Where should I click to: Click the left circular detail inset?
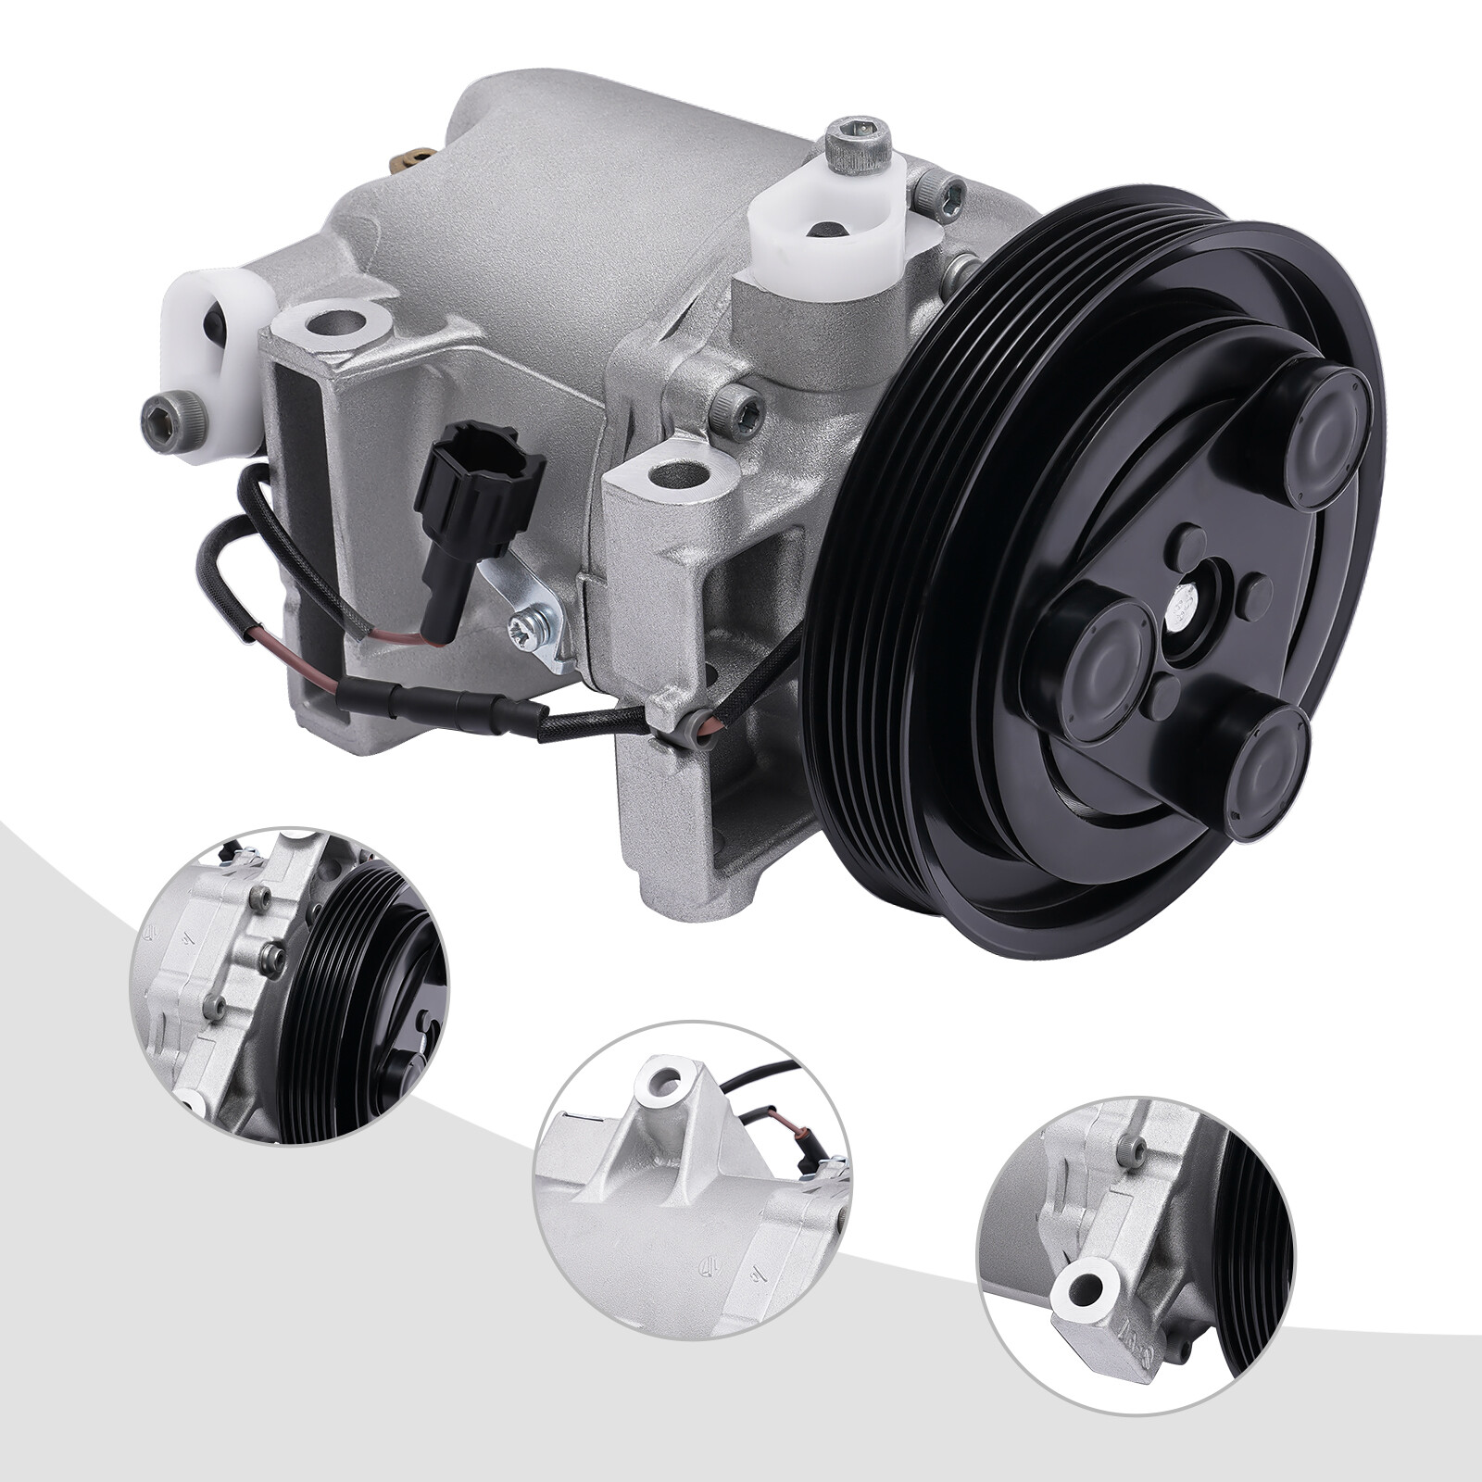[x=288, y=985]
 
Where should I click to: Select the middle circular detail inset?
[x=693, y=1176]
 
